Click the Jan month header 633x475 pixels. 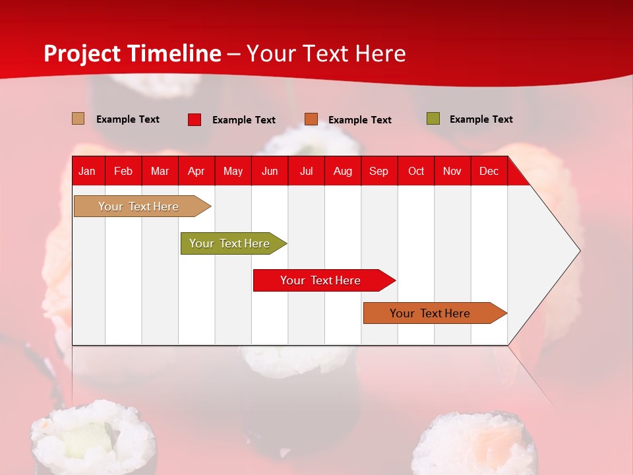87,171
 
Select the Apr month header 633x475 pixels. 196,171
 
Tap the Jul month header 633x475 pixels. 306,171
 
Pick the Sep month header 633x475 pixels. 378,171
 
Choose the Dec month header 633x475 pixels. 489,171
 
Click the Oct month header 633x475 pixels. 416,171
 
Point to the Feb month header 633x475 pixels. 123,171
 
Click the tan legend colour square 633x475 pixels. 78,119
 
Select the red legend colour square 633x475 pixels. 195,119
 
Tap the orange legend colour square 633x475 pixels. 311,119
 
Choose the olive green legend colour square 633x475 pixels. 433,119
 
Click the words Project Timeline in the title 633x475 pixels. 133,53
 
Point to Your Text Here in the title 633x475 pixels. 326,53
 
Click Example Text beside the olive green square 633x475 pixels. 481,119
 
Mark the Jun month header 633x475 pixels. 270,171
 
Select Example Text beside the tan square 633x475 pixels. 128,119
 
